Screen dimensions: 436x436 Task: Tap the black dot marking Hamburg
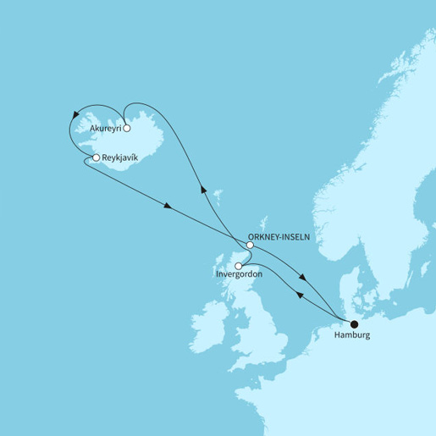354,323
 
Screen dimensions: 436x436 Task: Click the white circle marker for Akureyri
126,129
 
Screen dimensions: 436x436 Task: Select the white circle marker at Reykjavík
97,157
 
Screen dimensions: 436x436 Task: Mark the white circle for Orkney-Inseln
249,246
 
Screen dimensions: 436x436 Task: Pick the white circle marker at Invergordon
239,266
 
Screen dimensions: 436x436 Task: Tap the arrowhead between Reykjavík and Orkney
168,206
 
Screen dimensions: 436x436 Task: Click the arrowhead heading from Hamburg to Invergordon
299,294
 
